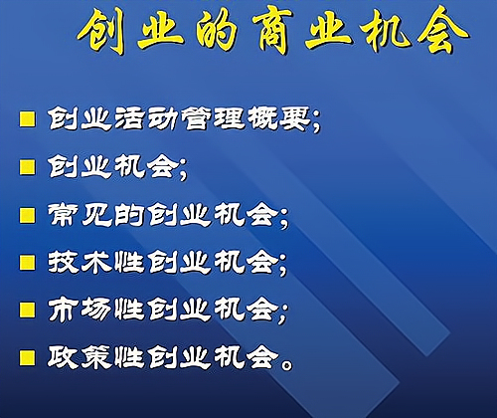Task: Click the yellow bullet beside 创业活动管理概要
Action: (27, 119)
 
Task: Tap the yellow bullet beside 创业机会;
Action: (27, 167)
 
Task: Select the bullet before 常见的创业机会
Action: (27, 215)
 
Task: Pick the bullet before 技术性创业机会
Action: (27, 263)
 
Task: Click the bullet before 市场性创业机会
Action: (27, 311)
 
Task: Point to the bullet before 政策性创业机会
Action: (27, 358)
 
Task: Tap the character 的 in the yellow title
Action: (216, 31)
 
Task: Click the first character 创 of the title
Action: (102, 31)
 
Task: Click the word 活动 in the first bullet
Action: (145, 118)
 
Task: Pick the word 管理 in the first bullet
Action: (212, 118)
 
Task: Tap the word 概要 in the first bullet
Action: (278, 118)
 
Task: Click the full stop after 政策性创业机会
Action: (286, 365)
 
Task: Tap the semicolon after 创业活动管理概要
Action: (316, 122)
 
